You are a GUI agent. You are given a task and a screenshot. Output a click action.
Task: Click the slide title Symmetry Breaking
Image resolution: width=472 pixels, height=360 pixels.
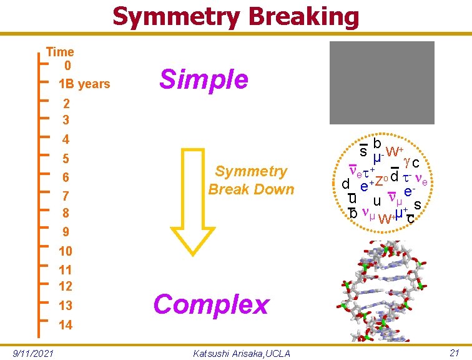[x=235, y=17]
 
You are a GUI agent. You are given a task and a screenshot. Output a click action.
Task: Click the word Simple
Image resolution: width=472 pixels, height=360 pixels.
[x=204, y=79]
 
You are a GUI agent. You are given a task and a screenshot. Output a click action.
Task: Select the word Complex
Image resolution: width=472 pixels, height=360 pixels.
[x=211, y=304]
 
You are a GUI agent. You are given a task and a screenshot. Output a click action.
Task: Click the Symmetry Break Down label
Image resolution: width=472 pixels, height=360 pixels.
[x=251, y=180]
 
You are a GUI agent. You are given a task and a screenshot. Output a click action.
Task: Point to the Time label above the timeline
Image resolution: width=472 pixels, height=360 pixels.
[x=60, y=52]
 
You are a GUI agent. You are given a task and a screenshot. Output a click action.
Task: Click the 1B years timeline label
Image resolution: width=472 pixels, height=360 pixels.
[x=84, y=84]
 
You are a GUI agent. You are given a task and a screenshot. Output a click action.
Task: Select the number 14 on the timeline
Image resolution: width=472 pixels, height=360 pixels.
[x=66, y=325]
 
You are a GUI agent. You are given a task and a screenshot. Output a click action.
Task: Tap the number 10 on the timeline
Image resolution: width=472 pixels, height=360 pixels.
[x=66, y=251]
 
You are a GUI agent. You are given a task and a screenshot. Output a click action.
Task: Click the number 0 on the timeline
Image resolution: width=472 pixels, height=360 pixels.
[x=67, y=65]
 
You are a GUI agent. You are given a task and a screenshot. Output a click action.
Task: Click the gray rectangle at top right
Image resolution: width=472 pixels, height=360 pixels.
[x=382, y=82]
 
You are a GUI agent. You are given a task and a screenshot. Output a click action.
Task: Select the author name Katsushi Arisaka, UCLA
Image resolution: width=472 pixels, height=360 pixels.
[x=242, y=354]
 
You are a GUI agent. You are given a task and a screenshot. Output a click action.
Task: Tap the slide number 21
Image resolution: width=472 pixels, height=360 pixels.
[x=455, y=353]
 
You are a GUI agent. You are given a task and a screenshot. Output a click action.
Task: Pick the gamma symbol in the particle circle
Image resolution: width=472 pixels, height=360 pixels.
[x=408, y=161]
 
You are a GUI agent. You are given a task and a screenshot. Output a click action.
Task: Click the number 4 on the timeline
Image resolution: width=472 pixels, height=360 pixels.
[x=66, y=139]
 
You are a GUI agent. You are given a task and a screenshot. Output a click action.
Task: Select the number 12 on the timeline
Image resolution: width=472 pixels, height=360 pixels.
[x=66, y=286]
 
